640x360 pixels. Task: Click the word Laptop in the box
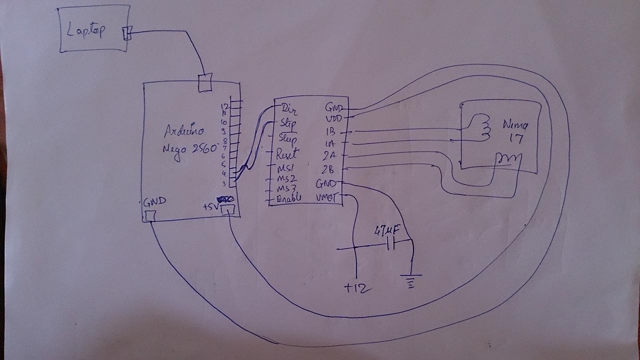coord(86,31)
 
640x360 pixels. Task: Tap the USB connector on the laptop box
coord(126,33)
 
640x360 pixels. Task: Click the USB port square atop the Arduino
coord(205,82)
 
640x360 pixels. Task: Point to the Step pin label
coord(288,123)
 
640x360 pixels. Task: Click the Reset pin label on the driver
coord(288,154)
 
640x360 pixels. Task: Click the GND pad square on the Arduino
coord(150,215)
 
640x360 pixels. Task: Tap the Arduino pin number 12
coord(224,106)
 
